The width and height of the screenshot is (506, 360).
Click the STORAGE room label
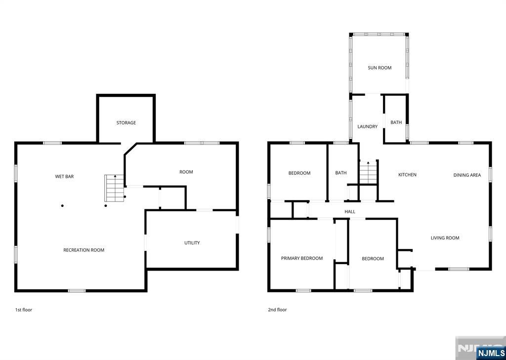tap(126, 123)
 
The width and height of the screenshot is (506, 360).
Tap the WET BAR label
tap(64, 176)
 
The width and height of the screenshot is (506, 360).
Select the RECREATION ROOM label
tap(84, 250)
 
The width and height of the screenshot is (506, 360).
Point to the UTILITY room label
tap(192, 243)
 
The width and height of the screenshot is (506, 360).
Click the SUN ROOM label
tap(379, 68)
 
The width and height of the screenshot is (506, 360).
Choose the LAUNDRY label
tap(367, 127)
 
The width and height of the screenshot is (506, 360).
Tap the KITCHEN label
tap(407, 175)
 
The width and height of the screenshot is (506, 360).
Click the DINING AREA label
tap(467, 175)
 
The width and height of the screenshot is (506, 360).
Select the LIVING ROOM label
tap(445, 238)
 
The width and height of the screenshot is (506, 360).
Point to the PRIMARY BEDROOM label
tap(301, 258)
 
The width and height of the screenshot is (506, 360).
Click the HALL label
tap(350, 212)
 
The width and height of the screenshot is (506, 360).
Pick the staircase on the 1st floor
tap(114, 188)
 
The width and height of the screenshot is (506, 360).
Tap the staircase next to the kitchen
tap(368, 172)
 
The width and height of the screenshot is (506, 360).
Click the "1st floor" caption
tap(23, 310)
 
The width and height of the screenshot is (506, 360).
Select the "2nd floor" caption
tap(277, 310)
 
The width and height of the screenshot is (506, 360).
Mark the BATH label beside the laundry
tap(396, 122)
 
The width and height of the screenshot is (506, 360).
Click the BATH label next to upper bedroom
tap(340, 173)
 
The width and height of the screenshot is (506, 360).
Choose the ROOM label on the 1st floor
tap(186, 172)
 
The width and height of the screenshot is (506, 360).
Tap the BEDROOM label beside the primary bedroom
tap(373, 259)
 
